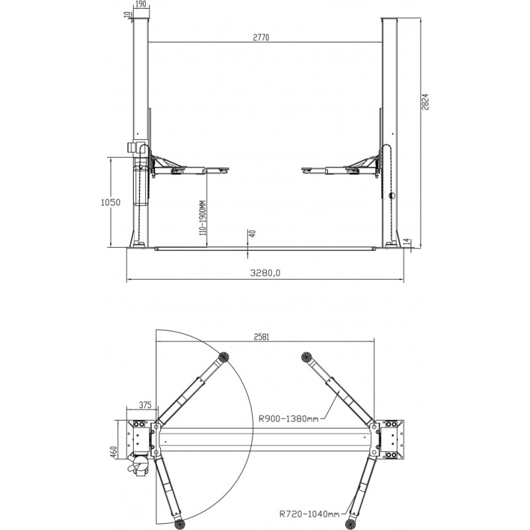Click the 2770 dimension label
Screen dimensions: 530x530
tap(261, 37)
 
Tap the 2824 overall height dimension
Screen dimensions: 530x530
tap(425, 102)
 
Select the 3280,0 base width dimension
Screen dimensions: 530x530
tap(265, 273)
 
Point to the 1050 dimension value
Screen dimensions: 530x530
tap(111, 202)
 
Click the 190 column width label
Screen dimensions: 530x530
tap(140, 4)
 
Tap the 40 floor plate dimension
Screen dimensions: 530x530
tap(252, 233)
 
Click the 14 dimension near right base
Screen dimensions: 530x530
tap(407, 241)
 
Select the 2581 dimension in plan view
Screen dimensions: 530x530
tap(261, 337)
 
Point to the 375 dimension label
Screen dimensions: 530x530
tap(145, 405)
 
